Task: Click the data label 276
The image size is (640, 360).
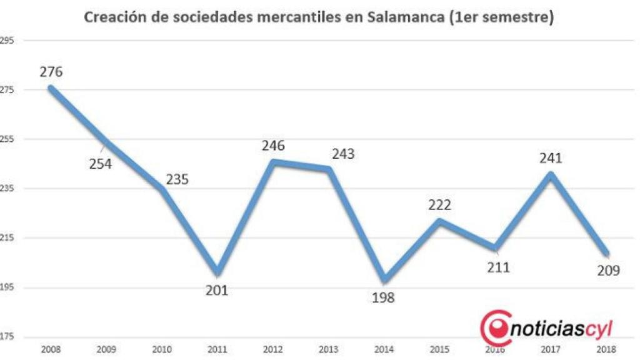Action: click(51, 72)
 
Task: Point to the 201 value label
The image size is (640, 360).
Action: click(217, 290)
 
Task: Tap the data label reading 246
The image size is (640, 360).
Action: click(273, 146)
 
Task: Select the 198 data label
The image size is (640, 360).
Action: click(383, 297)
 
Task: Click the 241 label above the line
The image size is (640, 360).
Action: click(551, 158)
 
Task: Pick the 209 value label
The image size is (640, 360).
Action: click(607, 271)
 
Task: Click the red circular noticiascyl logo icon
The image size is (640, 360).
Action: click(494, 326)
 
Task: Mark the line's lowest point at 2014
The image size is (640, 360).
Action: click(384, 280)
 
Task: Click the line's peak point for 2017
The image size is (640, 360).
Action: click(551, 174)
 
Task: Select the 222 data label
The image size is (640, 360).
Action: click(439, 204)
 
